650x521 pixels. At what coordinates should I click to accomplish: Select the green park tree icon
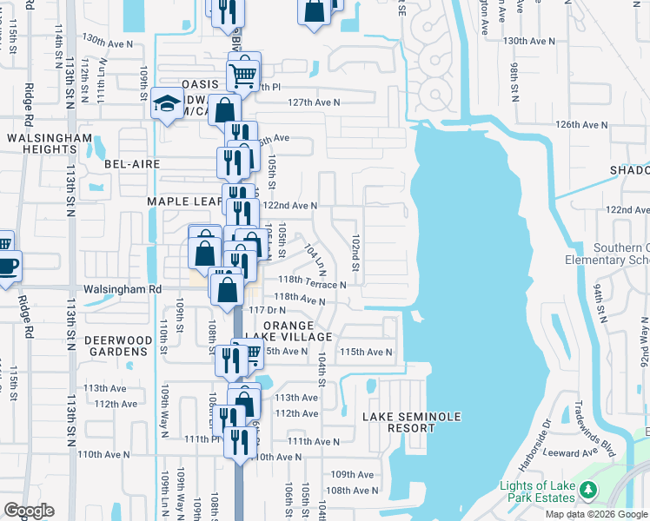[588, 491]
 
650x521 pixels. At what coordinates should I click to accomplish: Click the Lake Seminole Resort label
[412, 423]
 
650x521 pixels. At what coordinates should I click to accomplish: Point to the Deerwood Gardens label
[112, 346]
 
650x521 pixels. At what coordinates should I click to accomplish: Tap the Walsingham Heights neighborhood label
[48, 143]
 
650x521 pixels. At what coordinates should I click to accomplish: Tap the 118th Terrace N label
[312, 284]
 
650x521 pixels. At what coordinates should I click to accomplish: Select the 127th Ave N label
[315, 102]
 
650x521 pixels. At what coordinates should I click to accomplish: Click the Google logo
[30, 511]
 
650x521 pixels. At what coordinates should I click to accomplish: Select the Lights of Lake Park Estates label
[536, 491]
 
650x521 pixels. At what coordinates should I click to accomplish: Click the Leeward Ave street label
[580, 451]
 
